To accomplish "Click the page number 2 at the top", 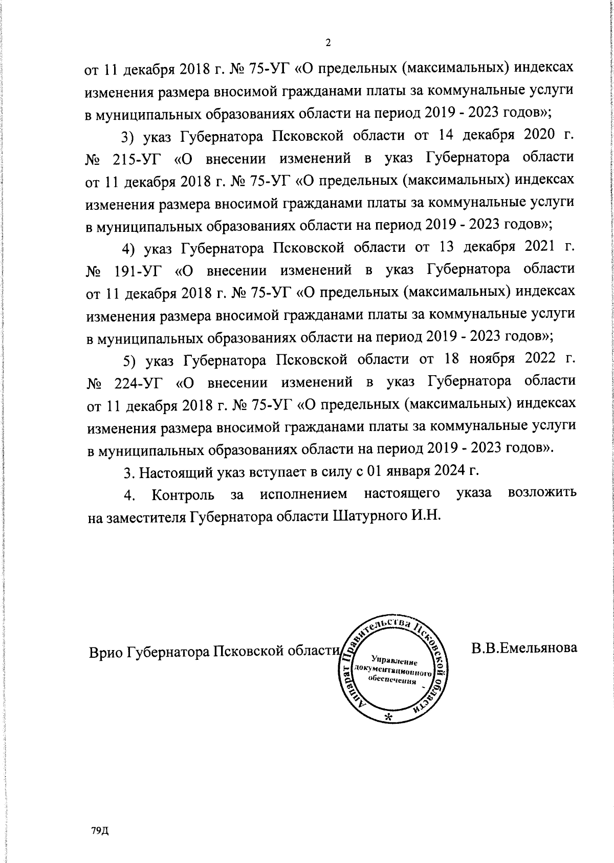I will coord(328,42).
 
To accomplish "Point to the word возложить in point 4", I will coord(543,493).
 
